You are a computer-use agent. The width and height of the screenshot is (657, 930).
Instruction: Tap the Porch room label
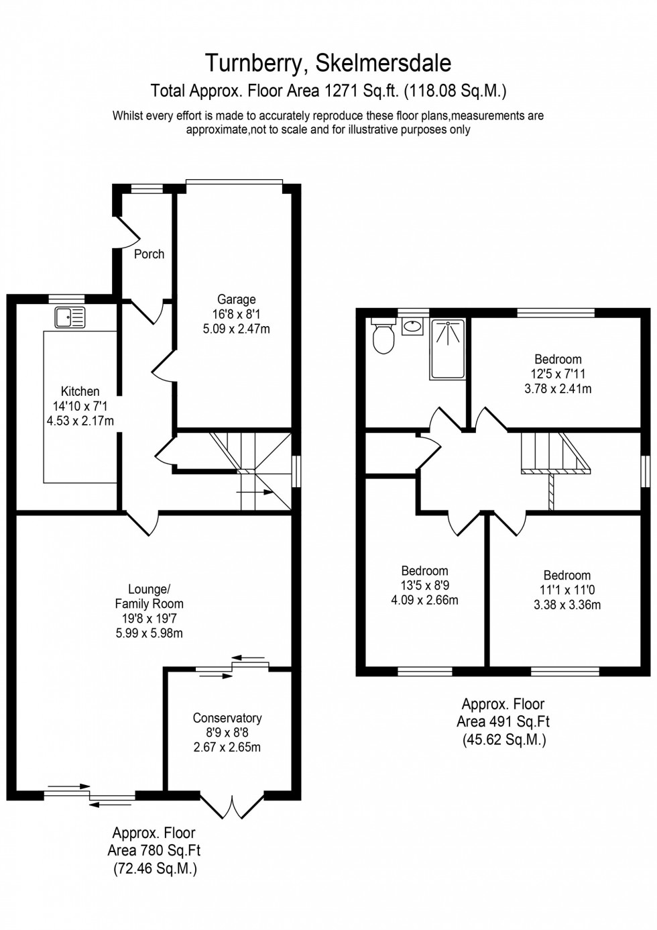(149, 254)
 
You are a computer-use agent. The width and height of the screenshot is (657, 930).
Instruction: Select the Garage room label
(236, 299)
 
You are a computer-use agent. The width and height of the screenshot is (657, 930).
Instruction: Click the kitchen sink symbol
(70, 317)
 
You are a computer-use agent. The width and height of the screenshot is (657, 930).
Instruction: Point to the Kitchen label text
(80, 391)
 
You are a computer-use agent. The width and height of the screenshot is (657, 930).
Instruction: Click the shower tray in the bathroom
(447, 349)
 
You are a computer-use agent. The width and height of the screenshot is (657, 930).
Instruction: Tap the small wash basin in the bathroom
(412, 327)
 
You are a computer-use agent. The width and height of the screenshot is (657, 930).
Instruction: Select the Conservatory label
(227, 718)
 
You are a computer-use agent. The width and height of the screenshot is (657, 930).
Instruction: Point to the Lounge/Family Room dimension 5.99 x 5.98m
(149, 633)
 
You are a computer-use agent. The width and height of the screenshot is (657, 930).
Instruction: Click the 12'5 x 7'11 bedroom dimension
(558, 374)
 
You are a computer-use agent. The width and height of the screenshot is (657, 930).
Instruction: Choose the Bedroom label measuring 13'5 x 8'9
(424, 571)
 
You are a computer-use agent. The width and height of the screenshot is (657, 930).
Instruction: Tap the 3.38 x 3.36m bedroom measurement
(566, 605)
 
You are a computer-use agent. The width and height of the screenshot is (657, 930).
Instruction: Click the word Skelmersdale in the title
(383, 62)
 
